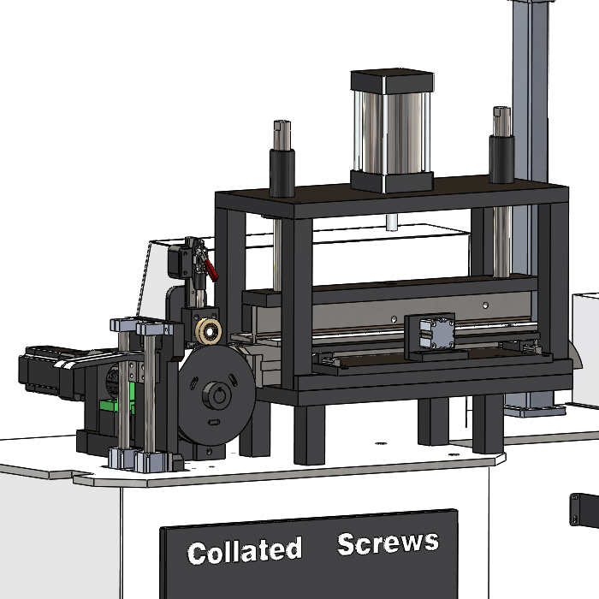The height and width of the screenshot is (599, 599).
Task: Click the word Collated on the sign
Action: (245, 551)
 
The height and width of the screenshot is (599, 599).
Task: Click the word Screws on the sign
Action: (388, 543)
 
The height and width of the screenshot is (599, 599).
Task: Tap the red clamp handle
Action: (211, 270)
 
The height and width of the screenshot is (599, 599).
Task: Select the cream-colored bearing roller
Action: (209, 330)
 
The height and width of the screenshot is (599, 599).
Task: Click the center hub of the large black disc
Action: (216, 395)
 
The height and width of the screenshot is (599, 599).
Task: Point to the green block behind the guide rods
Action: (116, 400)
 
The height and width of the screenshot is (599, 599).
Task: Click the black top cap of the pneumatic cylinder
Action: (392, 80)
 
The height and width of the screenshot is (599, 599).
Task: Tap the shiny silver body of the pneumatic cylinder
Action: (392, 133)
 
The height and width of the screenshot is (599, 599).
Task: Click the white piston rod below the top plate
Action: (392, 222)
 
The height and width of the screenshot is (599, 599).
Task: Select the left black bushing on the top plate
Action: (282, 173)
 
